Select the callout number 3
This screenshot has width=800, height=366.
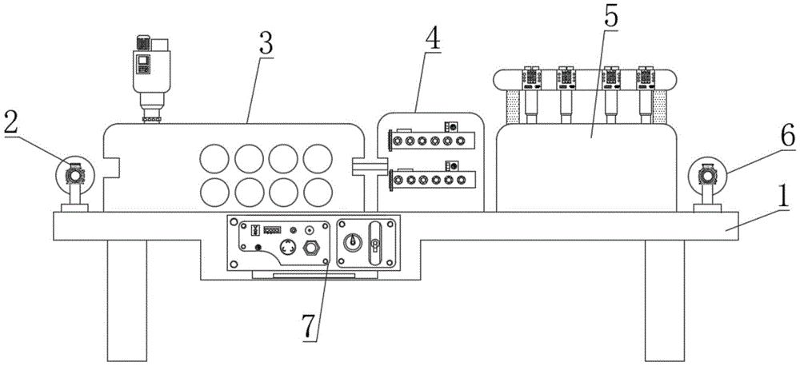(x=266, y=44)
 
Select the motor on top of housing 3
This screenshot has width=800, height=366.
(x=150, y=79)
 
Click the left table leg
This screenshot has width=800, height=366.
(x=127, y=300)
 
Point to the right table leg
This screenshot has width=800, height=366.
(x=664, y=300)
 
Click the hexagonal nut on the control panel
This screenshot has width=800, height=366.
(x=309, y=249)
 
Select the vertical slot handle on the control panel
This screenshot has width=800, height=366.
(x=375, y=244)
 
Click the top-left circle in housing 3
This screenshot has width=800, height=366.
(x=214, y=158)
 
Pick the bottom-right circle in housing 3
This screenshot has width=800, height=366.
(x=318, y=193)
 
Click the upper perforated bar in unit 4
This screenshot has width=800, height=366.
(x=433, y=140)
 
